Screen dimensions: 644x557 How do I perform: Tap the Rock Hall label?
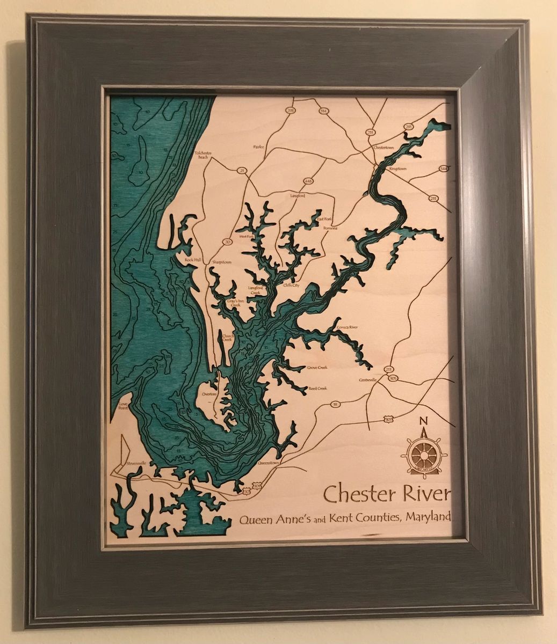192,260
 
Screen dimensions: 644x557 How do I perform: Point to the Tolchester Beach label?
203,155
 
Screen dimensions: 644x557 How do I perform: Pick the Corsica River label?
347,326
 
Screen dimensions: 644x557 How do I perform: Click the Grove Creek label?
317,368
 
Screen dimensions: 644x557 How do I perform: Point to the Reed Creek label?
317,388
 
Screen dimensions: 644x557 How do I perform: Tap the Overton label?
208,394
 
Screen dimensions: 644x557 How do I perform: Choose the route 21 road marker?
242,171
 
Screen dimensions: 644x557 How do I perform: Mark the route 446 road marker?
308,181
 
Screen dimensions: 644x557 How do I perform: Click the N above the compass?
423,420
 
